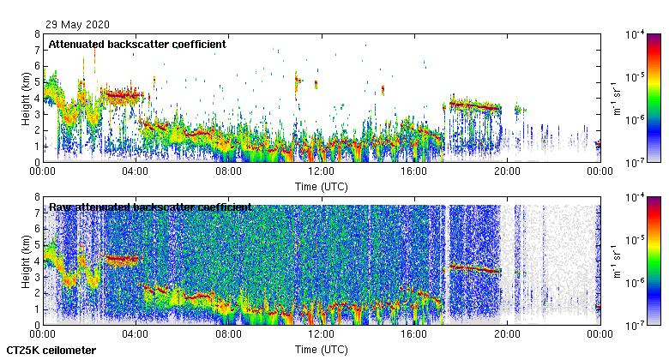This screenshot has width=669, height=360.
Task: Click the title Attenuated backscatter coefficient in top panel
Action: [x=137, y=44]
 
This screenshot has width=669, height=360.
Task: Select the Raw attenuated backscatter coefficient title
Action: [x=150, y=207]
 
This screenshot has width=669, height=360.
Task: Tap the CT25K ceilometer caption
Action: [x=51, y=351]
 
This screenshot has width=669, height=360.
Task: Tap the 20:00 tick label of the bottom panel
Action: [x=507, y=334]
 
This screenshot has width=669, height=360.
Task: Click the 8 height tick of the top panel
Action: [x=37, y=34]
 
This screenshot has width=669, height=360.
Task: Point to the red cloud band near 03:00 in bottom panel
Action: [x=120, y=258]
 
